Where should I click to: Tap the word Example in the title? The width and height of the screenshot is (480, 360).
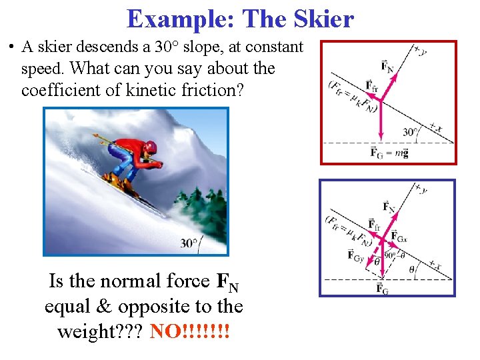tap(180, 19)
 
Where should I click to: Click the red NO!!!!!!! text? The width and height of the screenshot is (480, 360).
tap(190, 331)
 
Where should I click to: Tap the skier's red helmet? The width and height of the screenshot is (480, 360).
tap(151, 147)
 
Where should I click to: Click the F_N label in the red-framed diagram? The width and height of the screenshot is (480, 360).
tap(387, 65)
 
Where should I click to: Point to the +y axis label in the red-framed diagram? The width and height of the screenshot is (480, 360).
tap(420, 49)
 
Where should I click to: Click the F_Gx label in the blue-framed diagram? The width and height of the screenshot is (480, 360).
tap(398, 236)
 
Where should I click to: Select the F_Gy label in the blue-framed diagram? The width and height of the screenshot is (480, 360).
tap(356, 254)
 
